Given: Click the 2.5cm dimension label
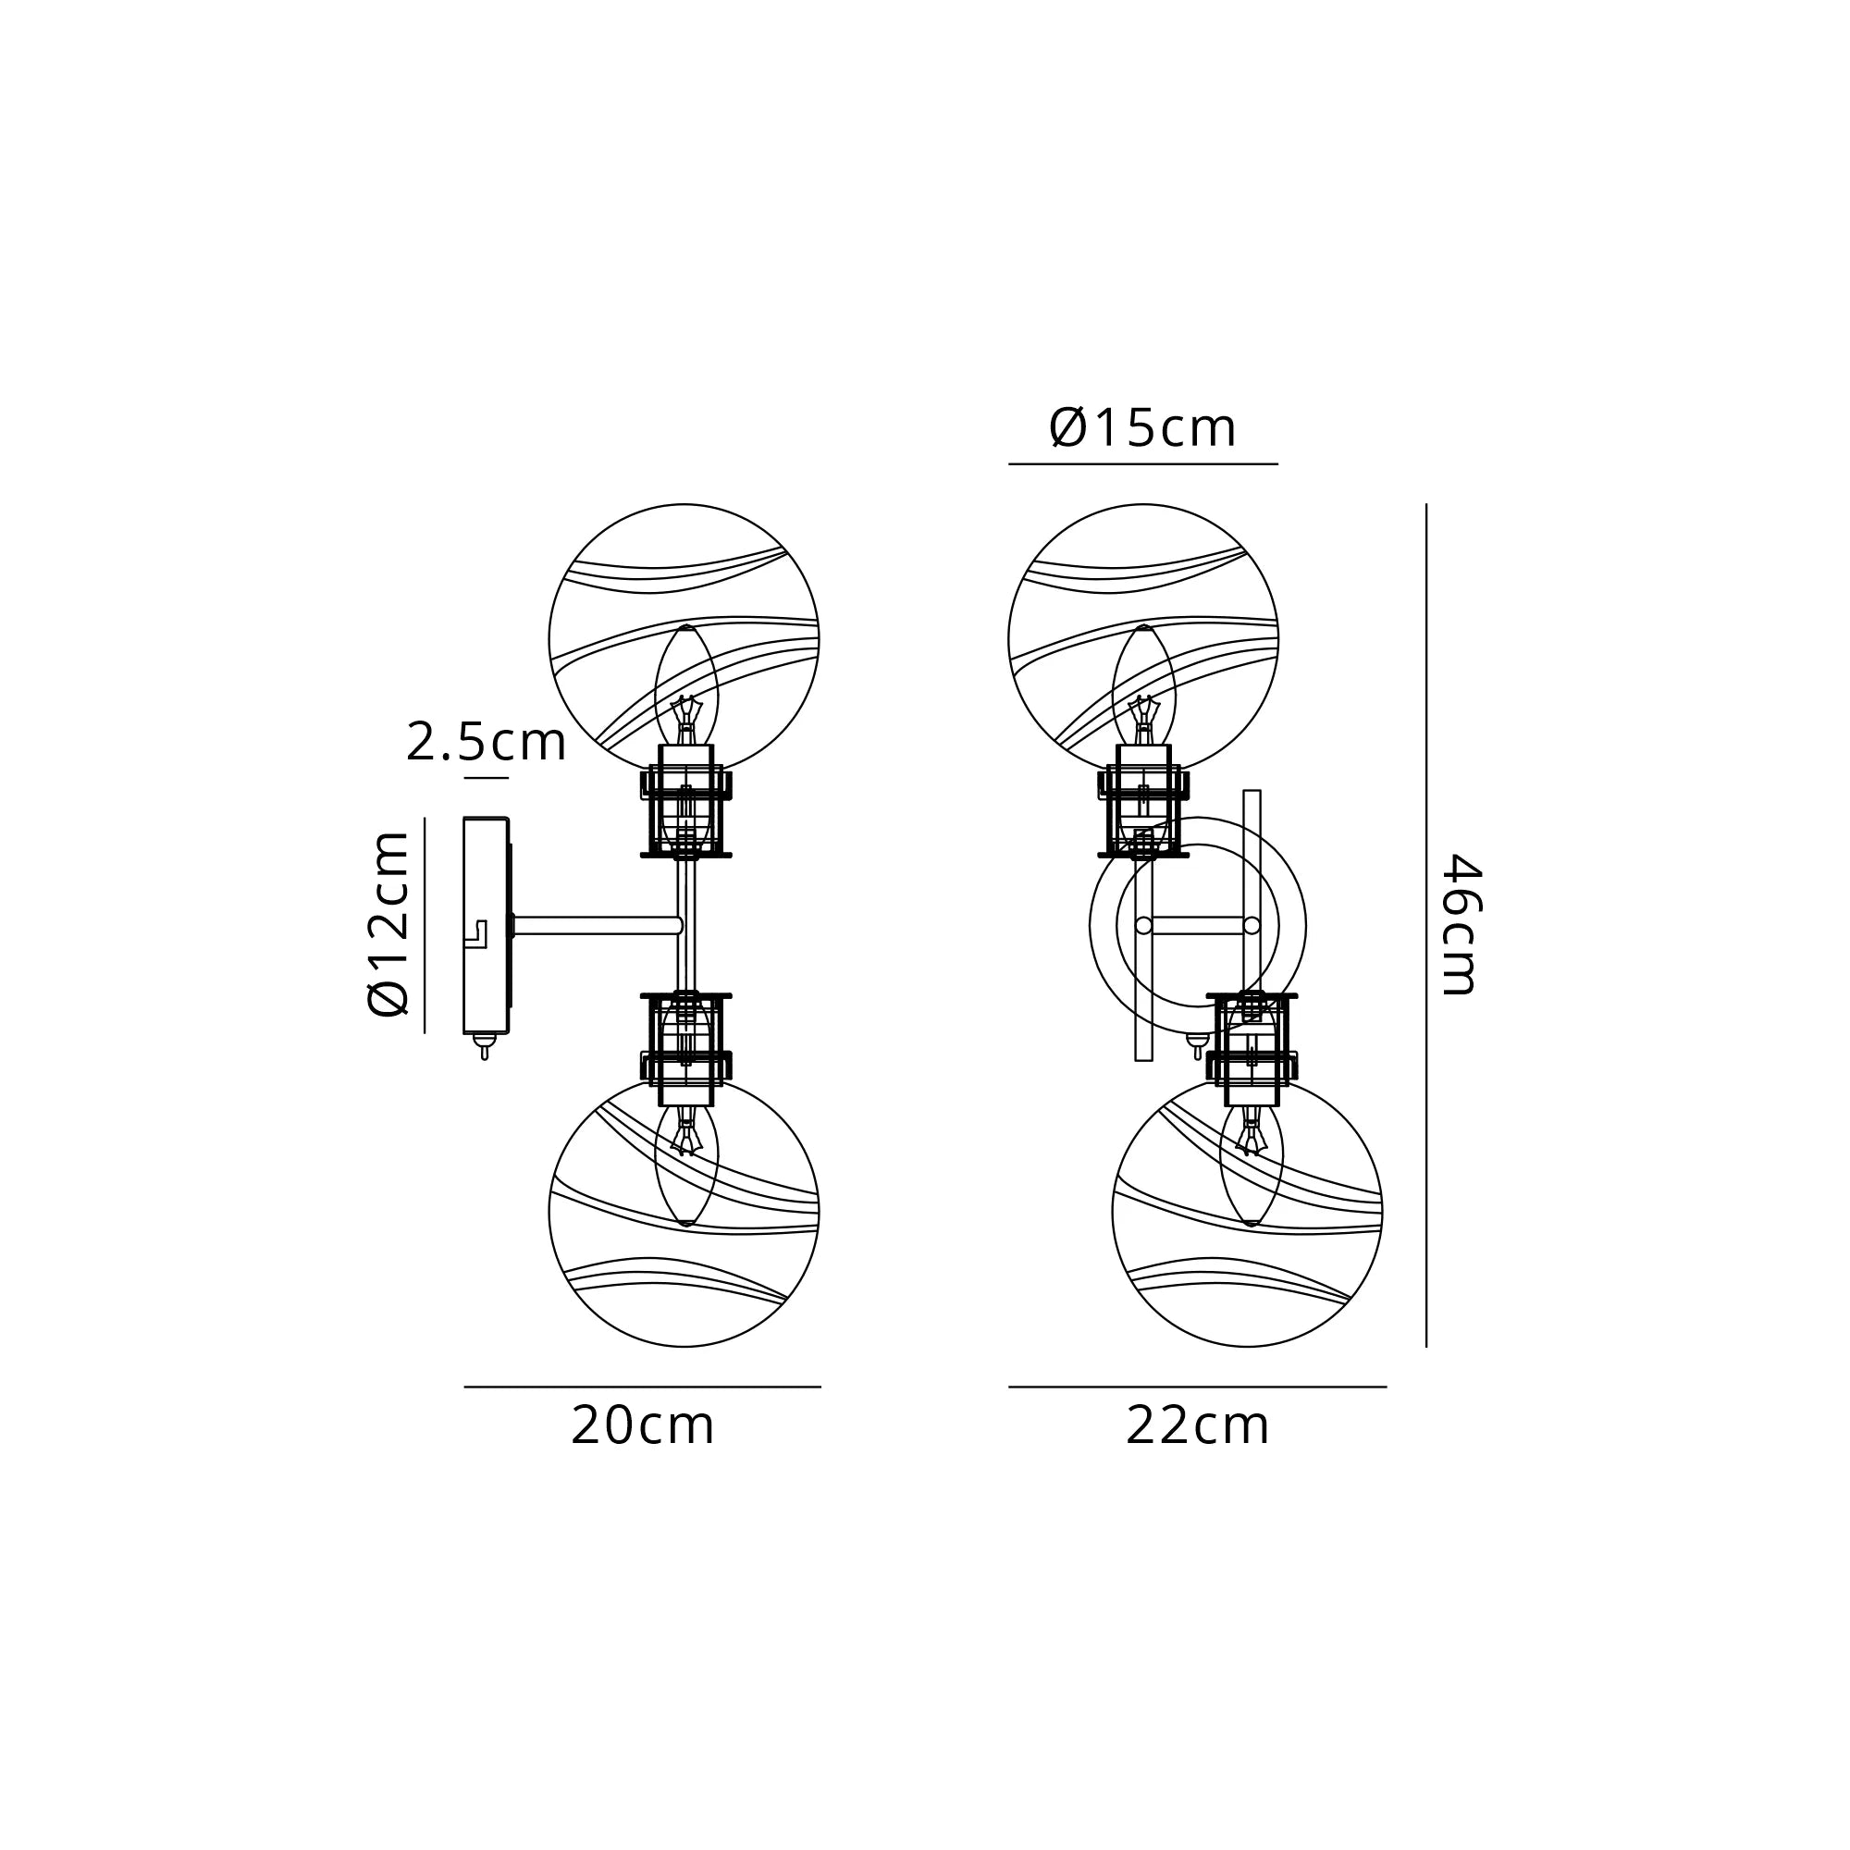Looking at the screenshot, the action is (x=487, y=743).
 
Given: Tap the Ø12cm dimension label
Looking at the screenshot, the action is (x=388, y=923).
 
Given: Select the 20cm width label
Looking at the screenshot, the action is (x=643, y=1426).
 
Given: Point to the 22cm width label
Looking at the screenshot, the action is (x=1197, y=1426).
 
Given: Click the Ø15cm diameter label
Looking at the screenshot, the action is (x=1143, y=428).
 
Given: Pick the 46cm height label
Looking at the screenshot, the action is (x=1462, y=925).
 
